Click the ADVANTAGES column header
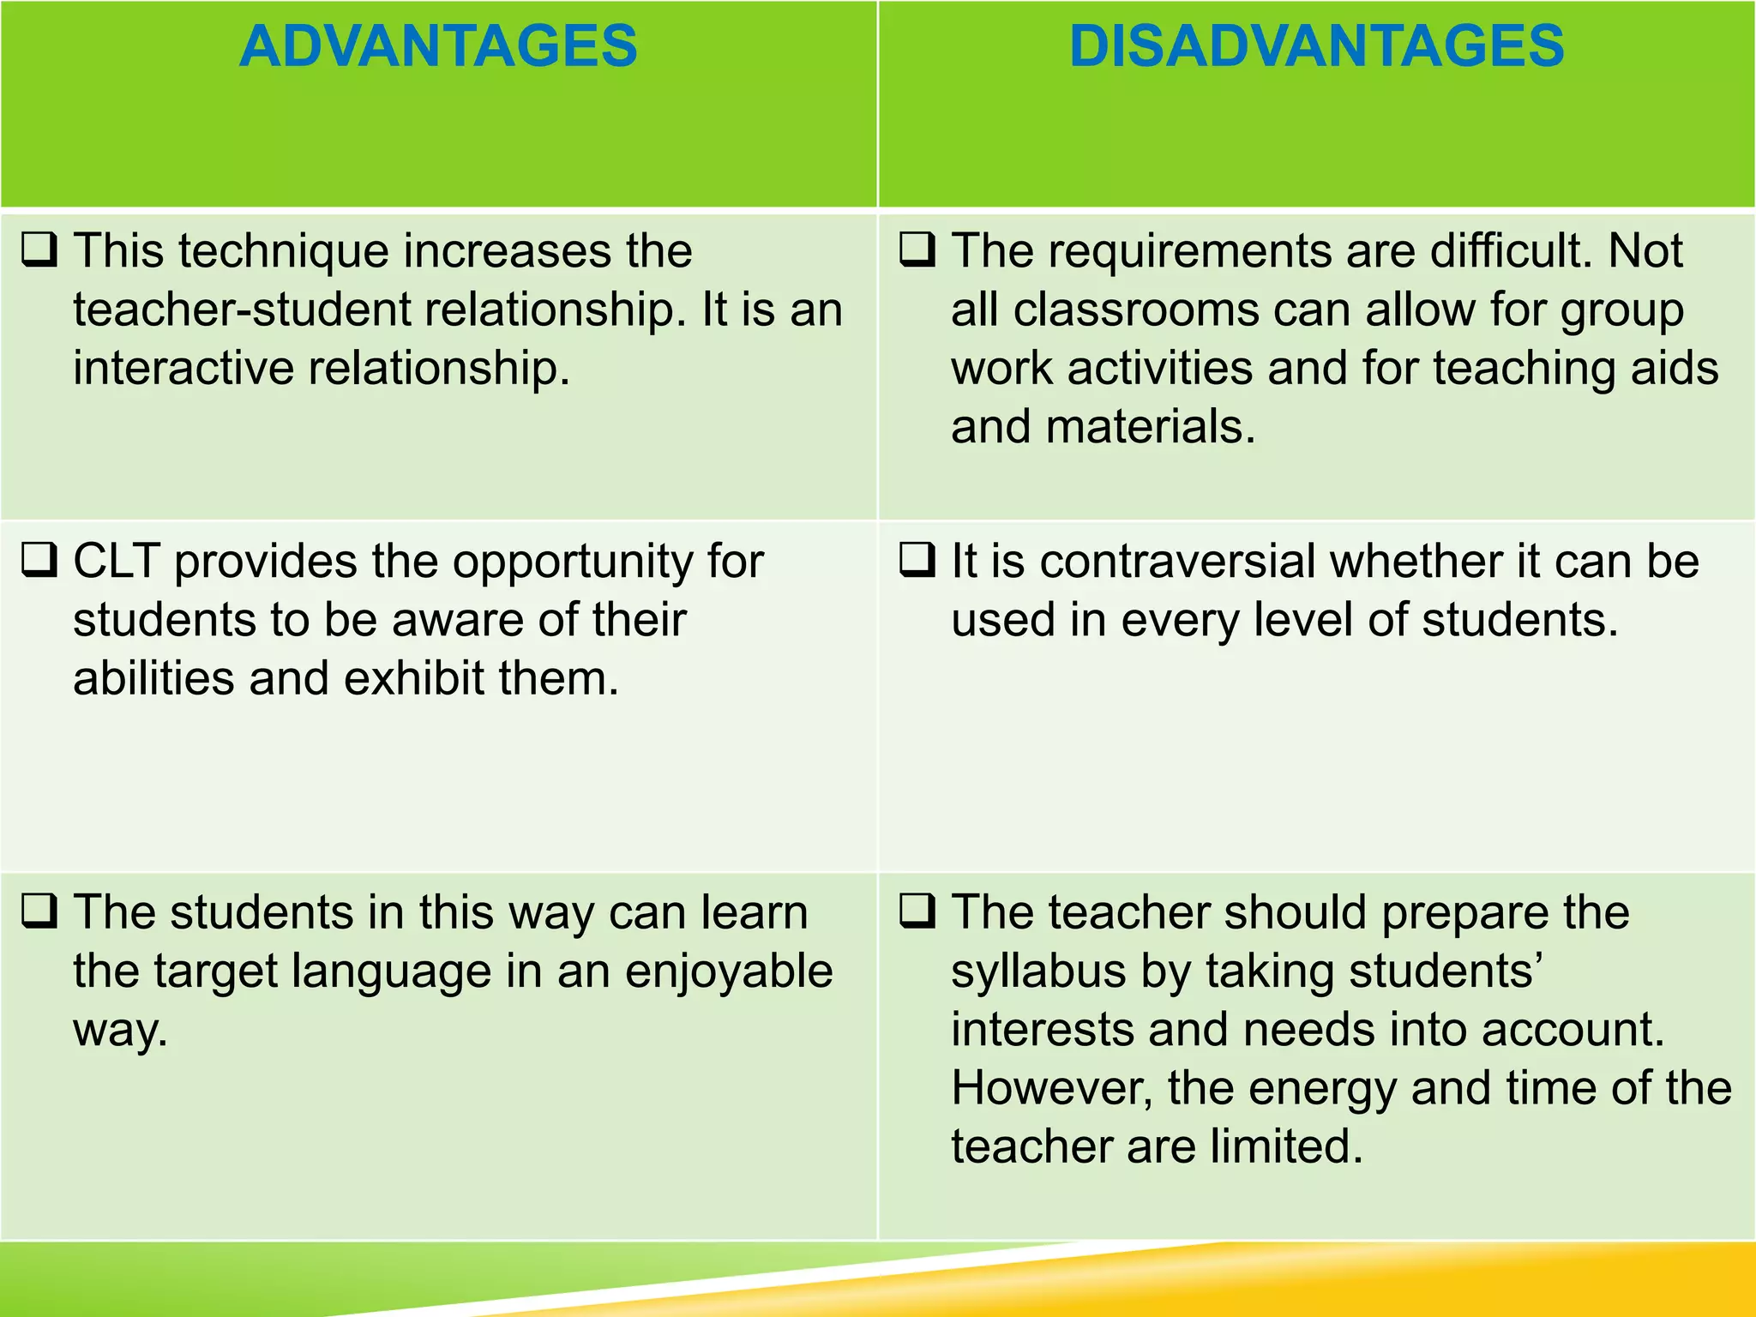pyautogui.click(x=438, y=46)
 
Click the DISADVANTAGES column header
pyautogui.click(x=1316, y=46)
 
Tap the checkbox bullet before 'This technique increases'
pyautogui.click(x=39, y=250)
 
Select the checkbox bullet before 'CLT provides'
pyautogui.click(x=39, y=561)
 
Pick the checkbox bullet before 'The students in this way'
pyautogui.click(x=39, y=911)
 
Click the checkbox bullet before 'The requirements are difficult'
pyautogui.click(x=917, y=250)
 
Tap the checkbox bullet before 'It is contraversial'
pyautogui.click(x=917, y=561)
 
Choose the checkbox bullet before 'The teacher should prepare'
pyautogui.click(x=917, y=911)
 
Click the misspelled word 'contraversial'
pyautogui.click(x=1178, y=562)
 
